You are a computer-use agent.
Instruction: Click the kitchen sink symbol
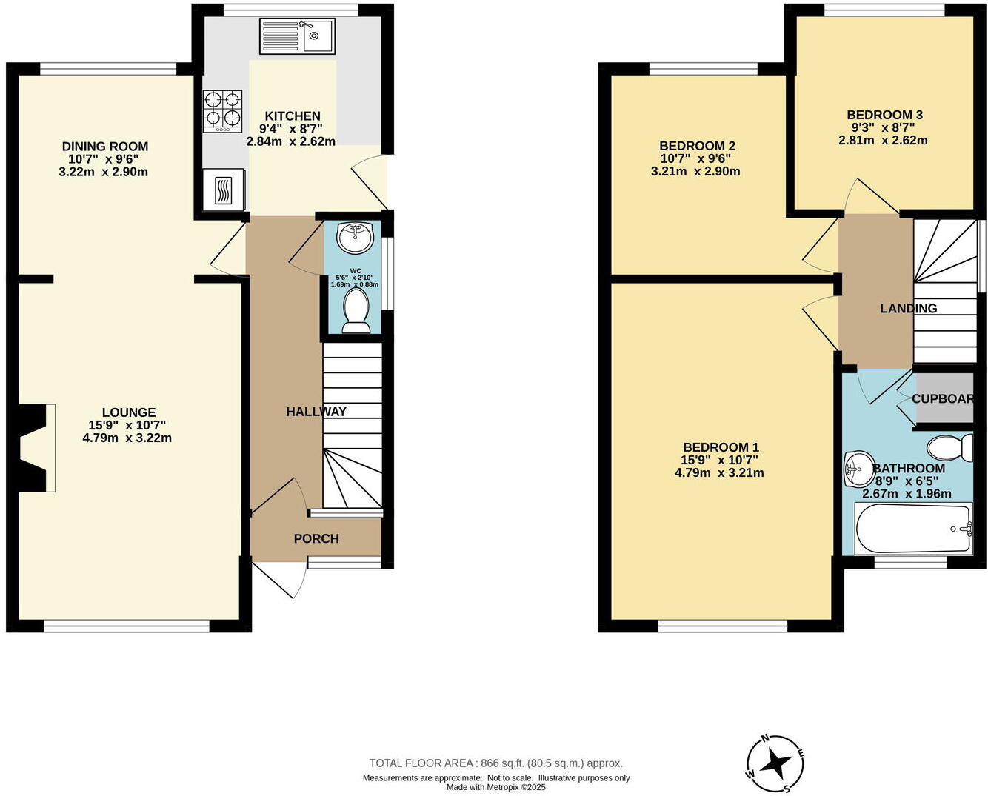pyautogui.click(x=297, y=36)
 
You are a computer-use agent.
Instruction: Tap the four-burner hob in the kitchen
pyautogui.click(x=223, y=111)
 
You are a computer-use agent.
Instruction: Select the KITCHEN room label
pyautogui.click(x=293, y=116)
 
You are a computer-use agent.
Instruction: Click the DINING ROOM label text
pyautogui.click(x=105, y=147)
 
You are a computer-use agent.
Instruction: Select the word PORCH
pyautogui.click(x=316, y=539)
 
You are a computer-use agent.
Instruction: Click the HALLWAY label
pyautogui.click(x=316, y=412)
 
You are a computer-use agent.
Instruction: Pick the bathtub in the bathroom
pyautogui.click(x=913, y=528)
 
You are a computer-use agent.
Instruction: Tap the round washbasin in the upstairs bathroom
pyautogui.click(x=858, y=469)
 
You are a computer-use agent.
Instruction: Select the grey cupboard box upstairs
pyautogui.click(x=944, y=399)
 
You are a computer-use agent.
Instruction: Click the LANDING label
pyautogui.click(x=908, y=309)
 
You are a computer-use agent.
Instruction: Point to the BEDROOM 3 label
pyautogui.click(x=884, y=115)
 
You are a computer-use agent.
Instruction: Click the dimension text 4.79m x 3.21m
pyautogui.click(x=719, y=472)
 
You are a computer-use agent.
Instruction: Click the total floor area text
pyautogui.click(x=495, y=763)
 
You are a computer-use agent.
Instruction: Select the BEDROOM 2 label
pyautogui.click(x=697, y=146)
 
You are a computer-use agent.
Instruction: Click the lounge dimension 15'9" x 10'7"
pyautogui.click(x=127, y=425)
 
